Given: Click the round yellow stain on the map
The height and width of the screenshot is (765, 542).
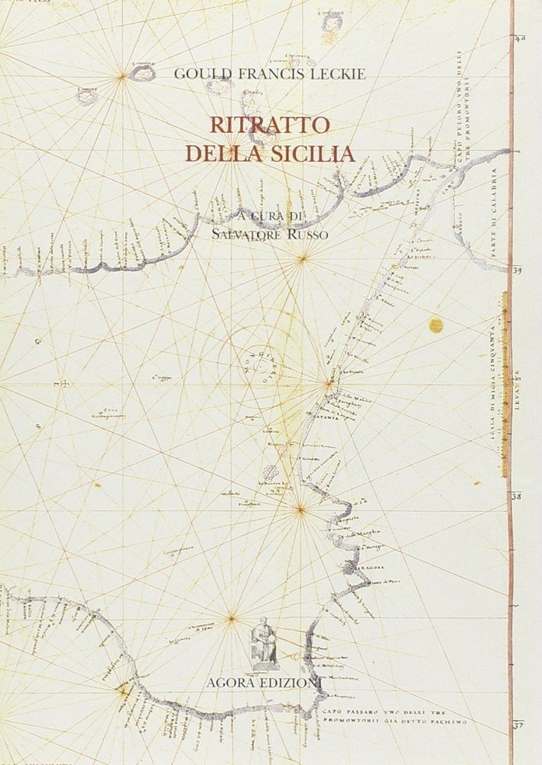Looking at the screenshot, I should point(437,325).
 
